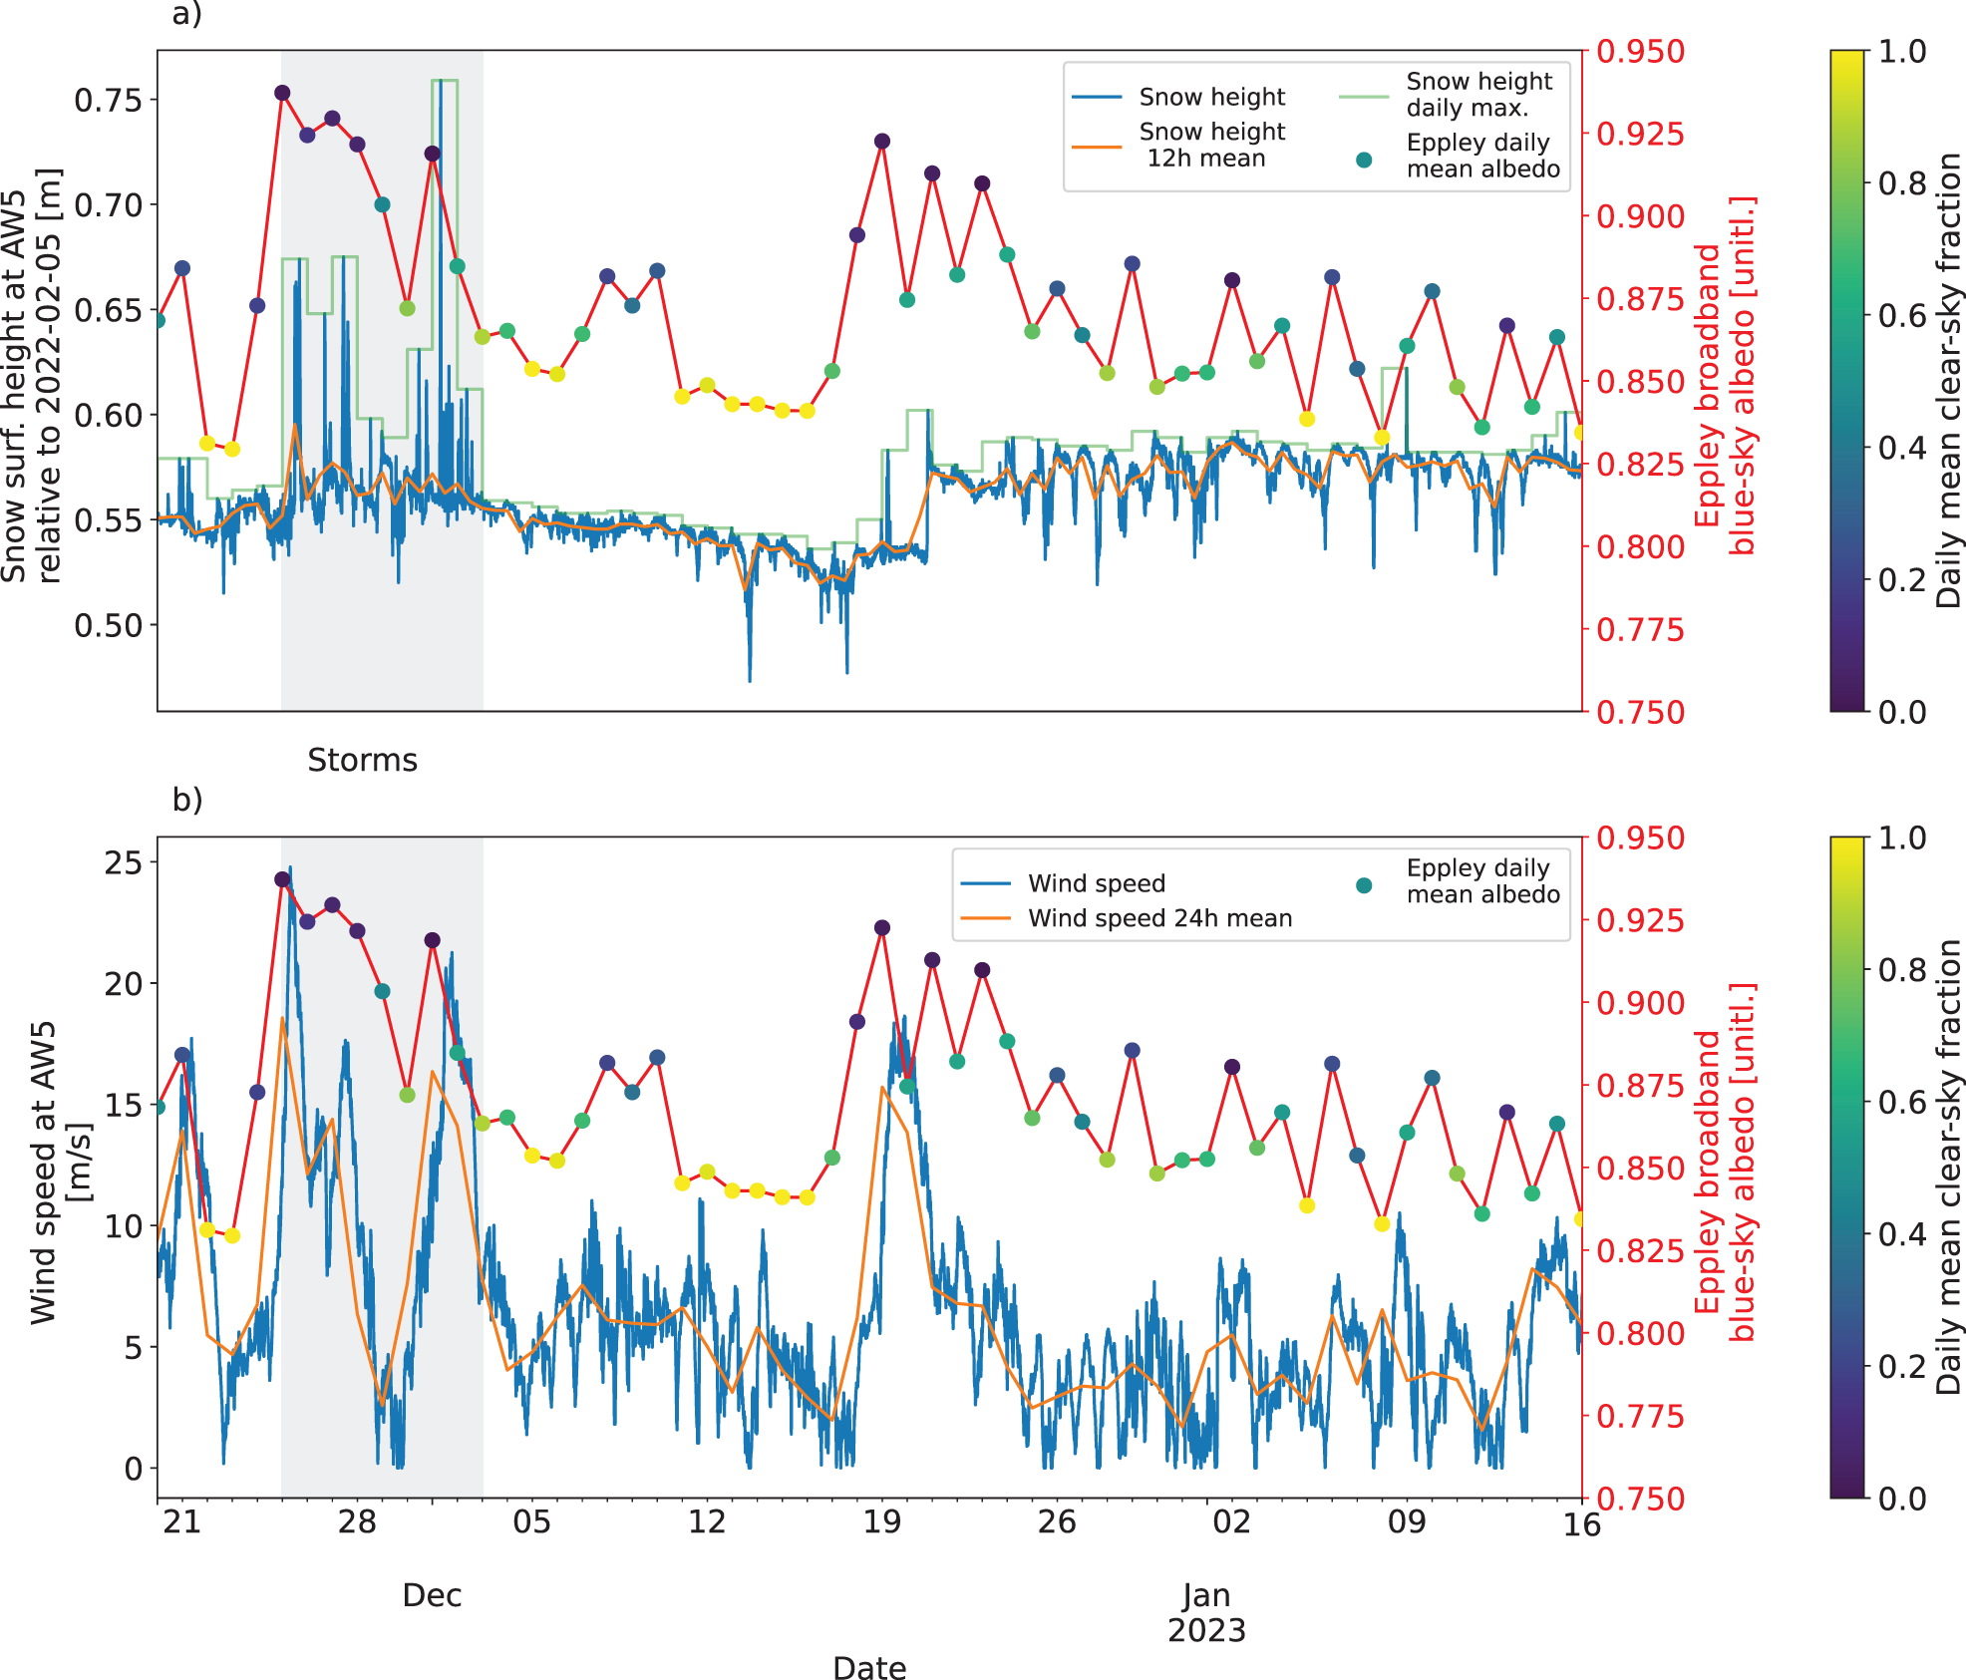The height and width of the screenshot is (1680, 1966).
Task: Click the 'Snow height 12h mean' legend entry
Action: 1178,146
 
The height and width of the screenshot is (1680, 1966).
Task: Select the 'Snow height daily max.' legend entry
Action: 1446,95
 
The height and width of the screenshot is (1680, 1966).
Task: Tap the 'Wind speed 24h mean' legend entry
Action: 1127,918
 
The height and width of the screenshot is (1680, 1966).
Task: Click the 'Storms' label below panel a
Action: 362,761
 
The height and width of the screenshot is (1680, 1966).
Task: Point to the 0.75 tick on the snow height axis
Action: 108,100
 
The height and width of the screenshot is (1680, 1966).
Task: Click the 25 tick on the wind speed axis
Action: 123,862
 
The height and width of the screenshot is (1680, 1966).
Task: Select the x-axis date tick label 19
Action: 881,1522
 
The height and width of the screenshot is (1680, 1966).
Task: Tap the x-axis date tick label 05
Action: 531,1522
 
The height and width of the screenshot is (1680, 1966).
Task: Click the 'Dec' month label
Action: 432,1595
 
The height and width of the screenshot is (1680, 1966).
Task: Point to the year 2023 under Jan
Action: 1206,1631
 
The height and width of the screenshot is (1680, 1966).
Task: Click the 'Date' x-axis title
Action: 869,1668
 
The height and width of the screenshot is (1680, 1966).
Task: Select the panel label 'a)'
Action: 186,15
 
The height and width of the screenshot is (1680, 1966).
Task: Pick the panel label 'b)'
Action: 186,800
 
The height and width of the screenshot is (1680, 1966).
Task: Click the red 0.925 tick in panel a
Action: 1641,134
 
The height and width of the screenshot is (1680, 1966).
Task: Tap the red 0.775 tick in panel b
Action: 1641,1416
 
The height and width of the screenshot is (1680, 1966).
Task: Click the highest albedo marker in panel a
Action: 282,93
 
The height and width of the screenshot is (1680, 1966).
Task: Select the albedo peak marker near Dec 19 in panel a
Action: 881,142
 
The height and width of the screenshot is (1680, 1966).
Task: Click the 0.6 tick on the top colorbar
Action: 1902,315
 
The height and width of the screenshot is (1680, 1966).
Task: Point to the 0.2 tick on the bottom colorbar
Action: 1902,1366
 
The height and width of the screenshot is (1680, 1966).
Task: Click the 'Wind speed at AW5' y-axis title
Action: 44,1173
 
